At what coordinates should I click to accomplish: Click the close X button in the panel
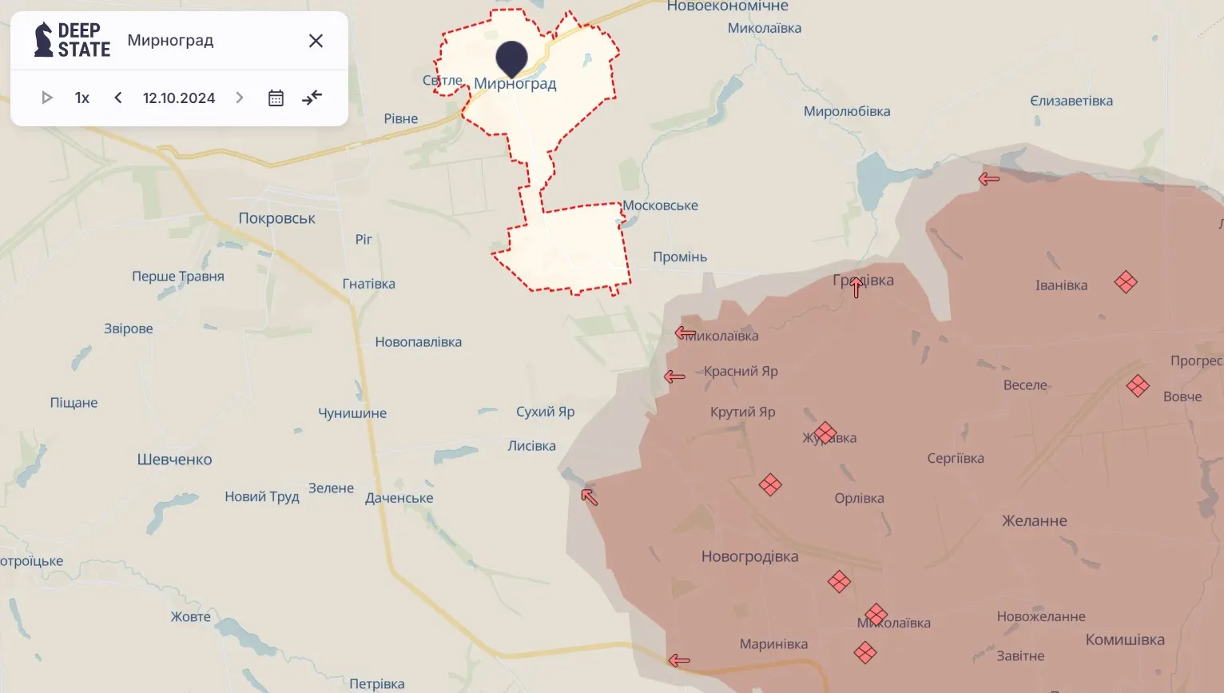click(x=316, y=41)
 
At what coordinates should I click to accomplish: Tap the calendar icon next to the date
click(x=276, y=98)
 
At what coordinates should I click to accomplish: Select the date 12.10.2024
click(x=179, y=98)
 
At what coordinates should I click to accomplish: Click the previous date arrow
click(x=118, y=98)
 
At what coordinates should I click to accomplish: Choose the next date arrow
click(x=239, y=98)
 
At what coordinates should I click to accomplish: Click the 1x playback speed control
click(x=82, y=98)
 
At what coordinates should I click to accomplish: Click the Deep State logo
click(x=72, y=40)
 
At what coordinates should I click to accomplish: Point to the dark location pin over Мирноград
click(x=511, y=58)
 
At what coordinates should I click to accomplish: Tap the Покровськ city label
click(x=276, y=218)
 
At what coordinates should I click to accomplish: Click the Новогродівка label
click(x=749, y=556)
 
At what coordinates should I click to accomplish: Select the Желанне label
click(x=1035, y=521)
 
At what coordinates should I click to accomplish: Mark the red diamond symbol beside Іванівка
click(x=1126, y=282)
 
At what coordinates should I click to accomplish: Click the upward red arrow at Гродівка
click(x=856, y=287)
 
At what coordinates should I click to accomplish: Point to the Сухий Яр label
click(x=545, y=412)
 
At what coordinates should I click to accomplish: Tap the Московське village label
click(x=660, y=205)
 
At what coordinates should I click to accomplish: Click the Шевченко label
click(x=174, y=460)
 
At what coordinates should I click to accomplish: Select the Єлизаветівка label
click(x=1071, y=101)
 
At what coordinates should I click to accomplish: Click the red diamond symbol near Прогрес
click(x=1138, y=386)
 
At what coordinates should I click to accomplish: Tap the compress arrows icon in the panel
click(x=312, y=98)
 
